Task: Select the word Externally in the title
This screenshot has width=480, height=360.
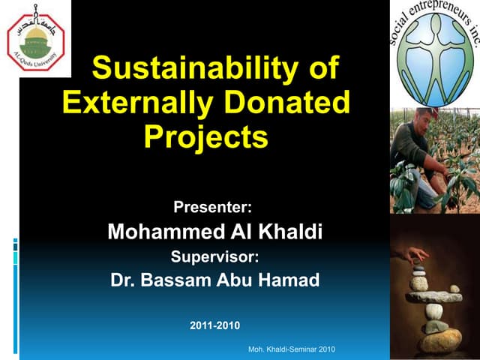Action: [136, 103]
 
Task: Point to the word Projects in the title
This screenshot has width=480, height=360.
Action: [205, 136]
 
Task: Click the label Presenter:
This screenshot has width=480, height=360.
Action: [213, 206]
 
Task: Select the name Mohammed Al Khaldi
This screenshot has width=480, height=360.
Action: [214, 232]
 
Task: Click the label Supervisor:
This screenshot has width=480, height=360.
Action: [214, 256]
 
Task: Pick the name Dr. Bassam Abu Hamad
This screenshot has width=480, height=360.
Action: [214, 280]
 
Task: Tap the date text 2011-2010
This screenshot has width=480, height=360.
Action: [215, 325]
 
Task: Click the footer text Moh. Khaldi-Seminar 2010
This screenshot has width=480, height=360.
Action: [292, 349]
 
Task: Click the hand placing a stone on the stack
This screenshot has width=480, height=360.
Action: [413, 256]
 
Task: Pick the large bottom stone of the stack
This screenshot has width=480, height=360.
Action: [440, 340]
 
